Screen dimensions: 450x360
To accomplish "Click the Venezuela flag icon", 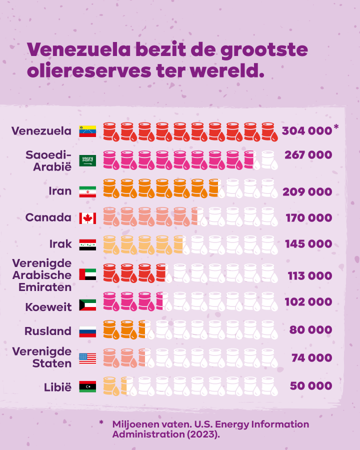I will (87, 131).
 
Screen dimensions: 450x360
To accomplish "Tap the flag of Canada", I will (87, 218).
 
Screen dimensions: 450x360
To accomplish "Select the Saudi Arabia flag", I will (87, 160).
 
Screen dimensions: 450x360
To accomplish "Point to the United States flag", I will (87, 358).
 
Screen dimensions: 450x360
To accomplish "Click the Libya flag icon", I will (87, 386).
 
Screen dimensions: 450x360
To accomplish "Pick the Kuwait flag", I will (87, 305).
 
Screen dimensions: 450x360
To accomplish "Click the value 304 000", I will (306, 131).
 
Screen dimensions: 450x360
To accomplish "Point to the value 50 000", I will (311, 386).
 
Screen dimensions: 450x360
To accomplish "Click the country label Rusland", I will (48, 331).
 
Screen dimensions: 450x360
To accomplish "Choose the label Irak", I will (60, 244).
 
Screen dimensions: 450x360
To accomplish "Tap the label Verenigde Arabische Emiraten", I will (42, 275).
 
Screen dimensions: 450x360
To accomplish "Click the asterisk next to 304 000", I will (335, 127).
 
